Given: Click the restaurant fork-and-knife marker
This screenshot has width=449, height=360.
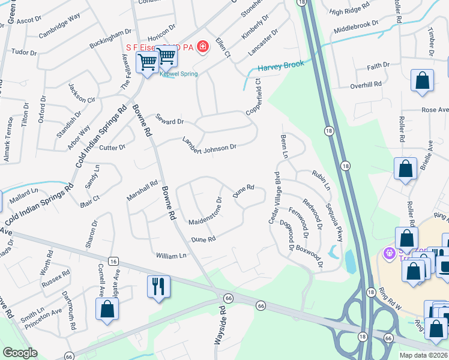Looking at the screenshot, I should [x=158, y=286].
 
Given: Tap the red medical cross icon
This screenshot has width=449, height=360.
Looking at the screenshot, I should [x=203, y=46].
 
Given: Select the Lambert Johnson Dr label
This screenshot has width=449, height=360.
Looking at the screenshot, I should [x=209, y=143].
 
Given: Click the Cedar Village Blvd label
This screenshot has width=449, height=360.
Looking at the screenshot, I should [x=274, y=199].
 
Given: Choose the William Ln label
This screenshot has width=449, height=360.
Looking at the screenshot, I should [x=171, y=256].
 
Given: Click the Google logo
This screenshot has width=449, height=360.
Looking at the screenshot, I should [x=20, y=353].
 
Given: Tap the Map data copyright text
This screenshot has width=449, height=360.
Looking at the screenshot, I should [x=423, y=355].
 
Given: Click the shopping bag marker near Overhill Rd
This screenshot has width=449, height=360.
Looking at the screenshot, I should [x=422, y=81].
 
